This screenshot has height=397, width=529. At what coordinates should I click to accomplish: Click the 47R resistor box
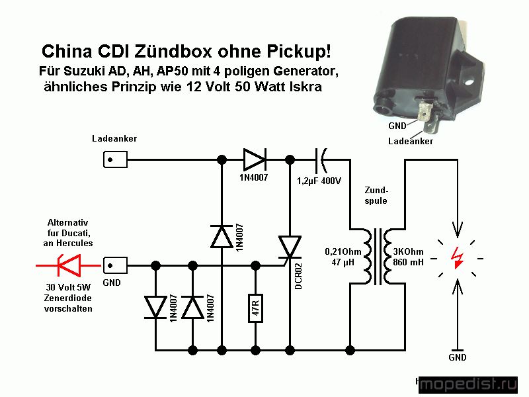click(255, 308)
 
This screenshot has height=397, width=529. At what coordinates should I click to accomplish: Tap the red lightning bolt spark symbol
click(457, 258)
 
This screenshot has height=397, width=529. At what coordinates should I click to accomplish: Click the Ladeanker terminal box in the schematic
click(115, 159)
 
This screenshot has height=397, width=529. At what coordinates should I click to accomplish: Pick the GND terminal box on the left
click(115, 265)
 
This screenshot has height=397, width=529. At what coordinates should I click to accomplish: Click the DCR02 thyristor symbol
click(290, 248)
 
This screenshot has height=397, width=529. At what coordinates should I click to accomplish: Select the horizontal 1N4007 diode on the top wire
click(255, 159)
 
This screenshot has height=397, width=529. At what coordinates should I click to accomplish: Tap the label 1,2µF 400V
click(319, 181)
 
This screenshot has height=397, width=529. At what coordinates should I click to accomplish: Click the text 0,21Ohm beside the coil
click(343, 251)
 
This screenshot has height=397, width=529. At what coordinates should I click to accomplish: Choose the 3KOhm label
click(408, 251)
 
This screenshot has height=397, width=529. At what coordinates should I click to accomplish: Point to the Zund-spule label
click(376, 195)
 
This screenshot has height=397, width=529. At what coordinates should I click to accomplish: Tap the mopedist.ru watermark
click(468, 384)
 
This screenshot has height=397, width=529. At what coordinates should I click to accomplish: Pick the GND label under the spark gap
click(457, 357)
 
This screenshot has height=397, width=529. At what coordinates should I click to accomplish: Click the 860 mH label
click(408, 262)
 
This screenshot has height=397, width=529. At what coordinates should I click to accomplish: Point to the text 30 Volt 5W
click(68, 287)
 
